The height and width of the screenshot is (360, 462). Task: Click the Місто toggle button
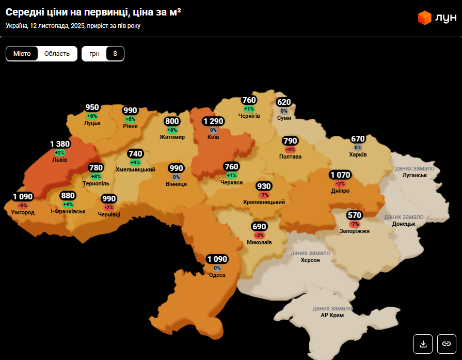point(22,54)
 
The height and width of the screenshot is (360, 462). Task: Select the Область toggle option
point(57,54)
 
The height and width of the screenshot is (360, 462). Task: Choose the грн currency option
point(94,54)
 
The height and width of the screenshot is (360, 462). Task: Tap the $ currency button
point(115,54)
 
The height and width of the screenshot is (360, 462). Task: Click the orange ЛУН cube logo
point(424,18)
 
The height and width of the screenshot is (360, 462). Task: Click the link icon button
point(447,343)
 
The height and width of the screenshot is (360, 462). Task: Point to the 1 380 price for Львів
point(60,144)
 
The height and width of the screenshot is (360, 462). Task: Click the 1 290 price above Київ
point(213,121)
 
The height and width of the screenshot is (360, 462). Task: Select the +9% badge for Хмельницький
point(135,163)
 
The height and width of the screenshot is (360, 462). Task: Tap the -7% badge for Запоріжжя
point(355,224)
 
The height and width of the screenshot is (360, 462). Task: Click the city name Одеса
point(217,275)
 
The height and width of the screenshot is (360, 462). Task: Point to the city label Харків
point(358,155)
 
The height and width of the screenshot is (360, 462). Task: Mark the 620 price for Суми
point(284,102)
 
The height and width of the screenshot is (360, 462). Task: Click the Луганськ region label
point(415,176)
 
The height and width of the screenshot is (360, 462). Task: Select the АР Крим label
point(332,315)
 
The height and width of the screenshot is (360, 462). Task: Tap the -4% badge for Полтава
point(290,150)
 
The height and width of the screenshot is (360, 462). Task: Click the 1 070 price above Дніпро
point(340,175)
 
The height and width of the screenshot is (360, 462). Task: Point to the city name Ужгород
point(23,212)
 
